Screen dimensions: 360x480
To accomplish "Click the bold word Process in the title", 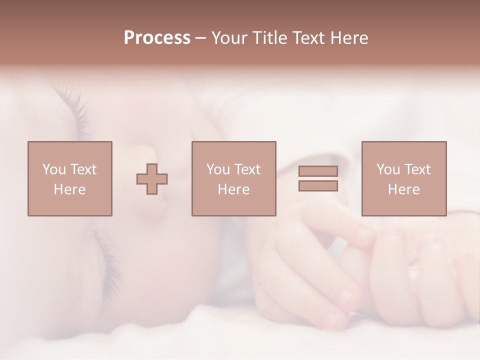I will [157, 38].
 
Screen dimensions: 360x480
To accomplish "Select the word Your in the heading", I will [229, 38].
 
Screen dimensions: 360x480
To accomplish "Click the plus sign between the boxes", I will [152, 179].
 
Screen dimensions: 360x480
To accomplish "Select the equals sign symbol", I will [318, 178].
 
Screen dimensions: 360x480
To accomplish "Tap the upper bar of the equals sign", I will [318, 171].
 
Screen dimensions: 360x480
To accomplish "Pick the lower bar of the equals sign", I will [318, 186].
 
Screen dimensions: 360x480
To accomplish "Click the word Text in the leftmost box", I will [83, 169].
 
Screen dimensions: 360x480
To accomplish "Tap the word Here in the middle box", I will [233, 189].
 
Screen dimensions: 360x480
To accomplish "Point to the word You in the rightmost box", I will [388, 169].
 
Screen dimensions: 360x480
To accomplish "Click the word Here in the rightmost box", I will [403, 189].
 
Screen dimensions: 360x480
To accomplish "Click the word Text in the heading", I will [307, 38].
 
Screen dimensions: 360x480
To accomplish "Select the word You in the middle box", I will [218, 169].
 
